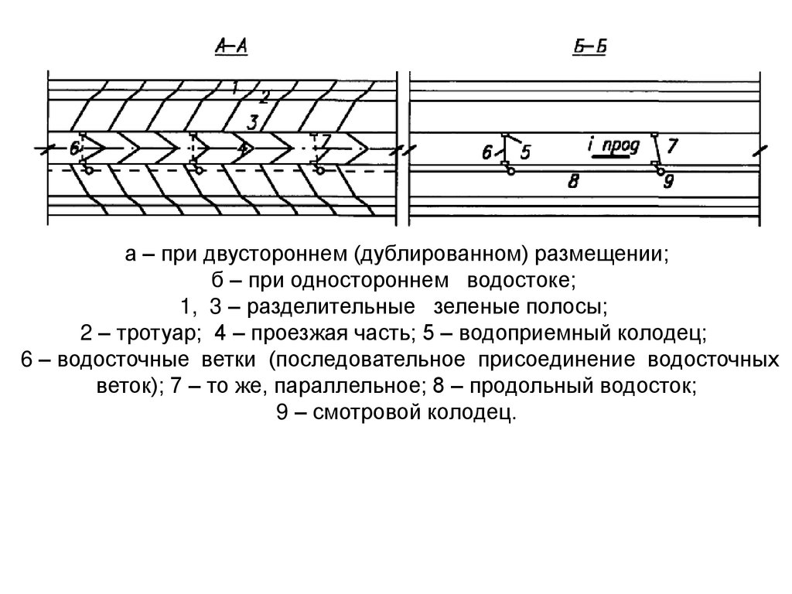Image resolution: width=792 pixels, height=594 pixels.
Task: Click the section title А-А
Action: tap(230, 49)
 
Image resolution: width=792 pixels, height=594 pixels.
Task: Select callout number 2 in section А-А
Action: tap(264, 97)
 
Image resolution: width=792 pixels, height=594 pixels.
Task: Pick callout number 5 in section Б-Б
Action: tap(526, 152)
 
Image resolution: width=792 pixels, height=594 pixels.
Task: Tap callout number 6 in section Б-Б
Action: tap(487, 153)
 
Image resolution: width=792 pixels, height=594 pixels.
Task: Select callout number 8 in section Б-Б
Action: tap(573, 183)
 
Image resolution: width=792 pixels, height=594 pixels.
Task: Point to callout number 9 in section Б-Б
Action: tap(668, 183)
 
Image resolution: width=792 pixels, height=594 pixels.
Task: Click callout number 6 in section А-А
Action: tap(74, 148)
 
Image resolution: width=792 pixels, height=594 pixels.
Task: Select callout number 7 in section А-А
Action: tap(326, 142)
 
